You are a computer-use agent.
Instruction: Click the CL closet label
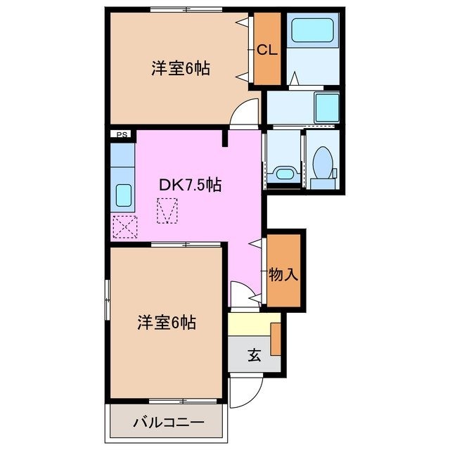click(266, 50)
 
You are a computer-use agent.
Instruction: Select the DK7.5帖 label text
click(191, 185)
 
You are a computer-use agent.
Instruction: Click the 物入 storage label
click(283, 275)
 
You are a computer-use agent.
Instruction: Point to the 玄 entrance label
click(254, 356)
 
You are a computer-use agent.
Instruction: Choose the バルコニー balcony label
click(169, 423)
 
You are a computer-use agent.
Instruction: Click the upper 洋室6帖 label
click(181, 69)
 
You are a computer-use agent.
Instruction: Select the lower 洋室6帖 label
click(166, 323)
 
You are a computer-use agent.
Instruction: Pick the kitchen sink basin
click(123, 195)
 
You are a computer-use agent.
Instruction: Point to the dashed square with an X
click(126, 227)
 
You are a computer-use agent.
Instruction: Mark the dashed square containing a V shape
click(167, 211)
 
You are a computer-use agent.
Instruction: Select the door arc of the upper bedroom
click(245, 112)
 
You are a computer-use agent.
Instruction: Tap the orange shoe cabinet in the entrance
click(276, 337)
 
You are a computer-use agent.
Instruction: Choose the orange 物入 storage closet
click(284, 269)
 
